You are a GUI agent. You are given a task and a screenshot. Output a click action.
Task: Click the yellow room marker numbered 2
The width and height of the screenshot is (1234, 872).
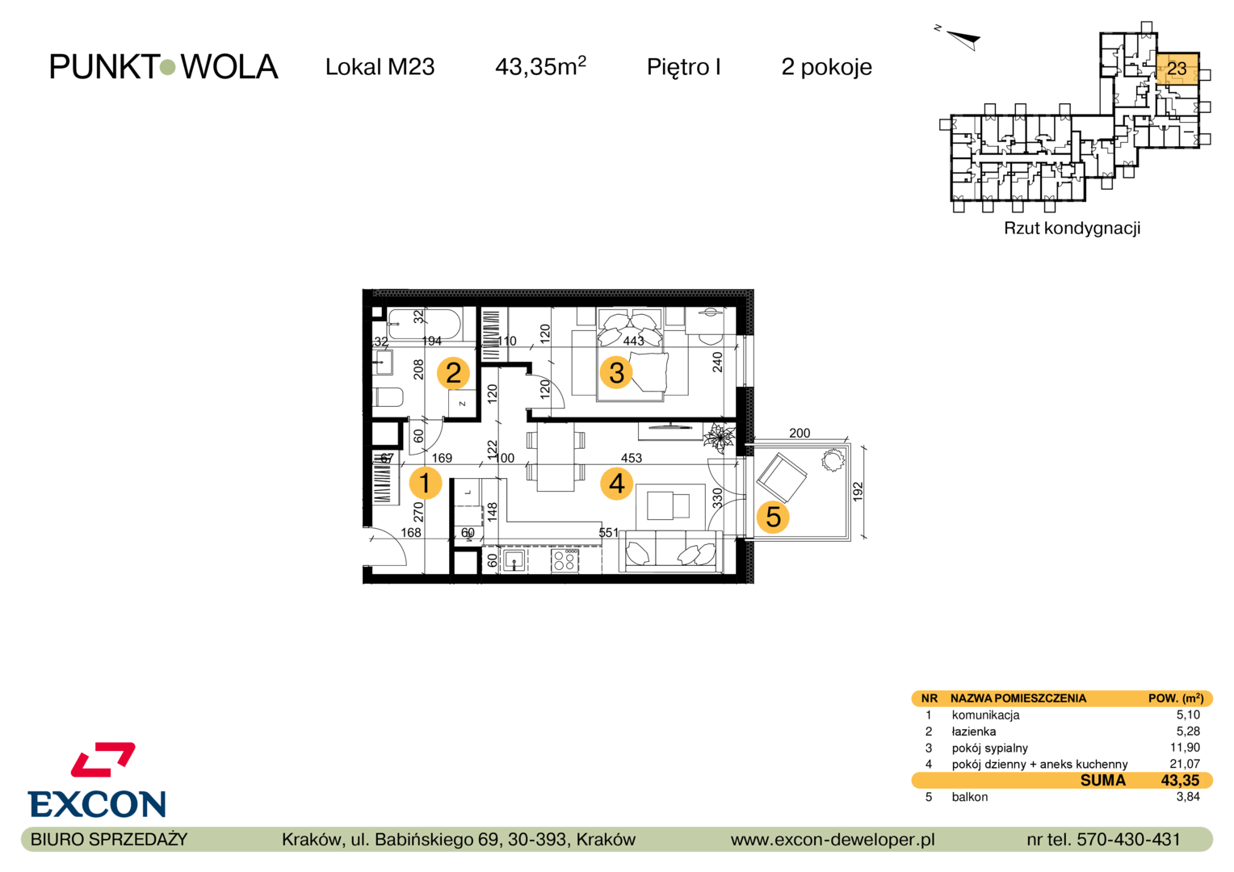point(453,373)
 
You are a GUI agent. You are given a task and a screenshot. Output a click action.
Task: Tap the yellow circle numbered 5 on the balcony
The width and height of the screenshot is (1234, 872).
point(773,518)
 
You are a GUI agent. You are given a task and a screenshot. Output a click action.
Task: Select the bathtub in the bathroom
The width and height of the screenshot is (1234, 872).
point(423,324)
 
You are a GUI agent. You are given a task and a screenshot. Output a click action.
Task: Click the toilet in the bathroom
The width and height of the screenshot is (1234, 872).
point(388,396)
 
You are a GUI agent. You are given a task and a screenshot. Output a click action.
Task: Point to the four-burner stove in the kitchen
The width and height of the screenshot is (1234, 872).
point(565,561)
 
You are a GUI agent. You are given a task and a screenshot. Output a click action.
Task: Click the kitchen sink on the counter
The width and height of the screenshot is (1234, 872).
point(514,561)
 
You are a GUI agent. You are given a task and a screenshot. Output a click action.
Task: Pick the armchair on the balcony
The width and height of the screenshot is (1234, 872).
point(782,477)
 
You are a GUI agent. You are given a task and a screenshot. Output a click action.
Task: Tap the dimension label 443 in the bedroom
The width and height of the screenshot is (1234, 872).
point(633,341)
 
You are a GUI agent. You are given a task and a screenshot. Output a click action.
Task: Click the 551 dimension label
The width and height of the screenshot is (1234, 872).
point(609,533)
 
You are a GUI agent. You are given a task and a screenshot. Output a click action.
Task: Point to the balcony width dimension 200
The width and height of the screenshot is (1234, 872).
point(800,433)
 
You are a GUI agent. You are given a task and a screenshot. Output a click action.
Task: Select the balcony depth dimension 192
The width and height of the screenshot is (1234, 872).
point(858,492)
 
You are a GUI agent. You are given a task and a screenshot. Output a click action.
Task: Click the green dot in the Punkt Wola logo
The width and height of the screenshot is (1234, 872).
point(167,67)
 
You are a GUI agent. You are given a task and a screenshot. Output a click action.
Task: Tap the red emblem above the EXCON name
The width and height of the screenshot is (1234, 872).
point(103,759)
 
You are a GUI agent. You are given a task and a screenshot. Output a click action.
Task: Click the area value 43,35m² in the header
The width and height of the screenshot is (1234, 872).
point(539,66)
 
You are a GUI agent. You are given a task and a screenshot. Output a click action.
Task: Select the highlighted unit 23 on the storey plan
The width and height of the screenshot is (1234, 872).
point(1177,69)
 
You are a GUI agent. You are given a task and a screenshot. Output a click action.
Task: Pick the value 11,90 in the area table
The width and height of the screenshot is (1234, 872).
point(1185,748)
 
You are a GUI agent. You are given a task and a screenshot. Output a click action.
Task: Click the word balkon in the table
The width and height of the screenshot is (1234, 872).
point(970,797)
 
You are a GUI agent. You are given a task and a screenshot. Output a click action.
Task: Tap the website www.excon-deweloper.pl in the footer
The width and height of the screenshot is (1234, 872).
point(833,840)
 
